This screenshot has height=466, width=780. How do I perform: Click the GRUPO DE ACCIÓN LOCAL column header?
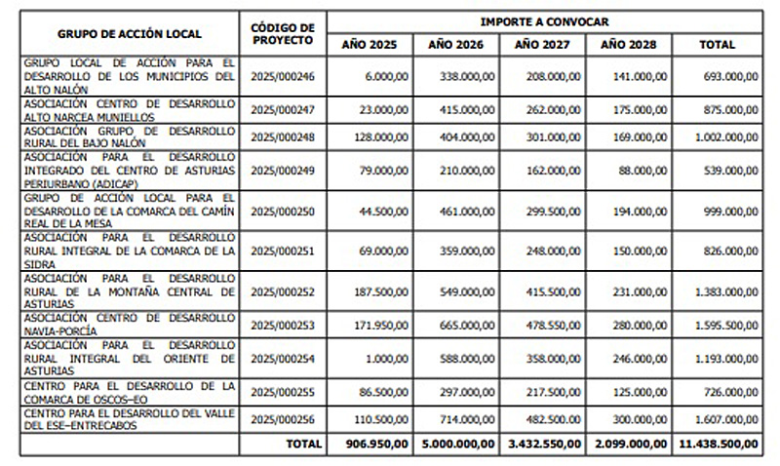click(130, 33)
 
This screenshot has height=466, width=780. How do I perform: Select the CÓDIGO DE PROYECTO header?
click(282, 33)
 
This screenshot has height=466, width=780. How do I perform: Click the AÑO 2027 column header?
click(540, 45)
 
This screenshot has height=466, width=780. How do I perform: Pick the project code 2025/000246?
click(282, 75)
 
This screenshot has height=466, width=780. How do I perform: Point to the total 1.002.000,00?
click(722, 137)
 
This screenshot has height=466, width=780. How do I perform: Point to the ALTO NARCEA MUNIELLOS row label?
click(130, 108)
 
